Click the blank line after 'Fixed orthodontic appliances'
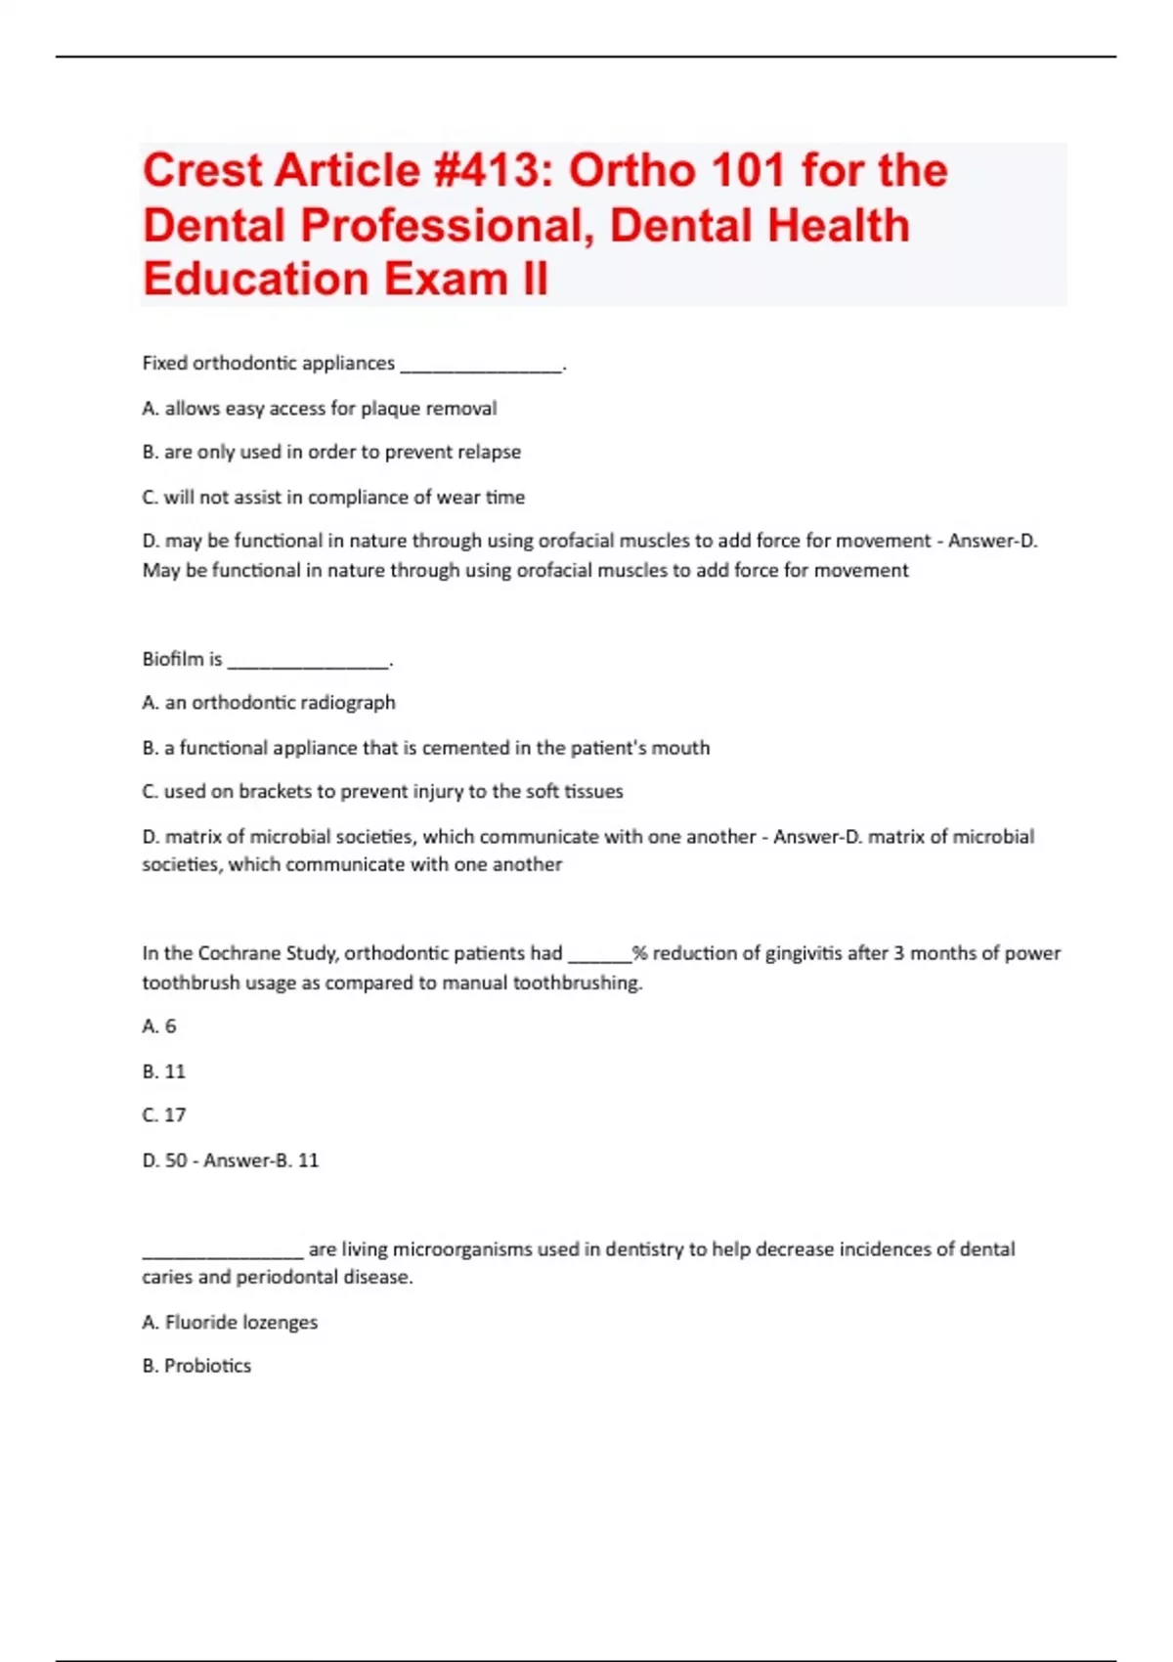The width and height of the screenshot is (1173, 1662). coord(482,368)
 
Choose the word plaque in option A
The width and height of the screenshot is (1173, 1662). coord(390,409)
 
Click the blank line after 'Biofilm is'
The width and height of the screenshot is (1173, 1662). coord(308,664)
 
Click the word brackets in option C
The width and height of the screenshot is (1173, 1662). coord(274,792)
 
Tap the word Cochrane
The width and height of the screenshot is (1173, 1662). coord(237,953)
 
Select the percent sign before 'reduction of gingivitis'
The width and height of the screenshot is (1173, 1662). coord(639,953)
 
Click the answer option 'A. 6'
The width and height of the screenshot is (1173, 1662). coord(159,1027)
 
